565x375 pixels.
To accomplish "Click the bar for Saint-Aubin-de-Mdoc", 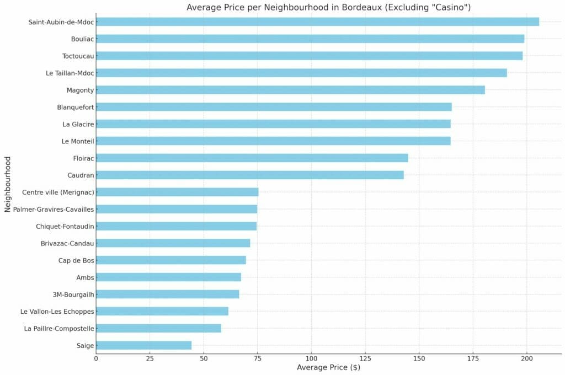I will tap(317, 22).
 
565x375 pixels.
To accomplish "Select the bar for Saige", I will tap(143, 345).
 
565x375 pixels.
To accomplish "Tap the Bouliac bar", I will tap(310, 39).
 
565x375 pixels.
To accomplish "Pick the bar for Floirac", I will tap(252, 158).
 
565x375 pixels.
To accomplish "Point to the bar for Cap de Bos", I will tap(171, 260).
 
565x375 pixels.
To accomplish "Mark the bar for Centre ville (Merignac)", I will tap(177, 192).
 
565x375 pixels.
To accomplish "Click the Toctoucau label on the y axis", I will tap(77, 56).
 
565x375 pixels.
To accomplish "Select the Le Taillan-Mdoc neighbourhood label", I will tap(70, 73).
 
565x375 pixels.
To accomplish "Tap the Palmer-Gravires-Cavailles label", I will tap(54, 209).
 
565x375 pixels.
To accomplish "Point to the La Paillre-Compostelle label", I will tap(59, 329).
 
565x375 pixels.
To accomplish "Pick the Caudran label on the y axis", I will tap(79, 175).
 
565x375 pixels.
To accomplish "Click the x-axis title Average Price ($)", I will tap(328, 368).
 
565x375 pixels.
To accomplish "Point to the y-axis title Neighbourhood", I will tap(8, 184).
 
